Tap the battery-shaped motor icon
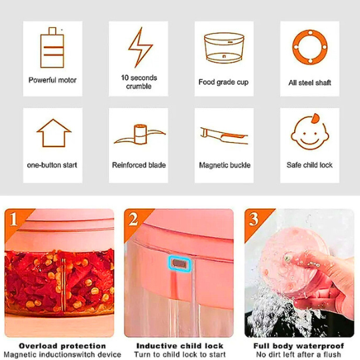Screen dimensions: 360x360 52,48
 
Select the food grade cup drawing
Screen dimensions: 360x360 224,47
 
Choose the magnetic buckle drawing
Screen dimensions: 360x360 224,135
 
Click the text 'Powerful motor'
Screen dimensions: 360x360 53,80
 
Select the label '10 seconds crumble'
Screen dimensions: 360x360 139,82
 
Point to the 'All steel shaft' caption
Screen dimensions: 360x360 310,83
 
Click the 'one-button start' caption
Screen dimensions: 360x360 52,165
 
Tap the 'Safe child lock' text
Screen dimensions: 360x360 309,165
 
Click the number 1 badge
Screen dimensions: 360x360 13,219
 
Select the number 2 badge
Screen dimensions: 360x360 133,219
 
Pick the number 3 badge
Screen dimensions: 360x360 253,219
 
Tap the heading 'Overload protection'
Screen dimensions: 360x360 62,346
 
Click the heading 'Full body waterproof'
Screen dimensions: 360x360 299,346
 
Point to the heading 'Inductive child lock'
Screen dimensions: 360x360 180,346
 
